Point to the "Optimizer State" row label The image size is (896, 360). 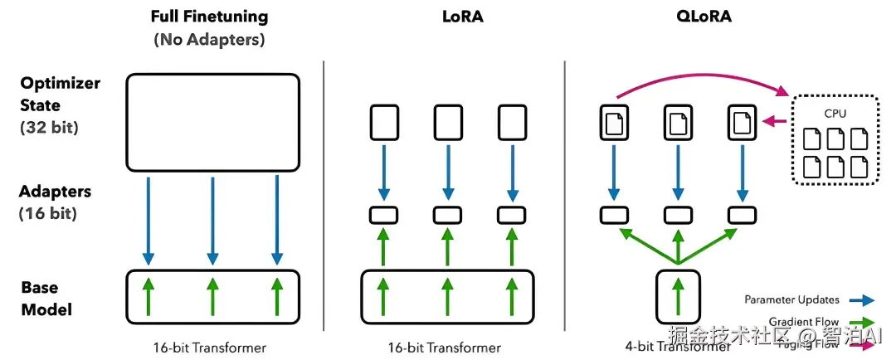click(x=61, y=95)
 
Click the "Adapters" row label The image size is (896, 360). click(x=56, y=192)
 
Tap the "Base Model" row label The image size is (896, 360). click(x=46, y=299)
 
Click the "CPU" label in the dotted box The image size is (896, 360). click(x=835, y=113)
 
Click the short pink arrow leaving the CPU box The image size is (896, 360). click(x=776, y=121)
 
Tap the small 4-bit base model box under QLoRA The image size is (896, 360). click(x=678, y=295)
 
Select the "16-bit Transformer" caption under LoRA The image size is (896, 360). click(x=443, y=347)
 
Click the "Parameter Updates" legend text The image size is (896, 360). click(x=791, y=299)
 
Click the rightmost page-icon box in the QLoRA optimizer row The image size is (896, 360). click(x=743, y=121)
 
